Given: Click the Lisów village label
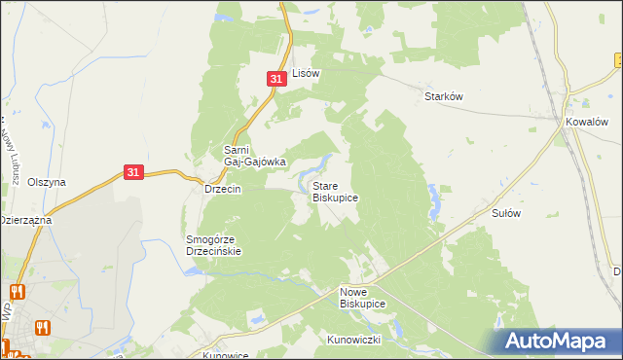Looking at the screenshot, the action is point(306,73).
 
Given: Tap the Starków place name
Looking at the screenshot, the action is point(442,96).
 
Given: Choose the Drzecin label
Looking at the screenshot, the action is point(222,189).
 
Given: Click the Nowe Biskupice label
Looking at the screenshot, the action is point(362,298).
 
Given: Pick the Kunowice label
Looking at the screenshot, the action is point(225,355).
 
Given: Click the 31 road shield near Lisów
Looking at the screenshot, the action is point(276,79).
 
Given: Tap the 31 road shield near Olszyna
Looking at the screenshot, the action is point(135,172).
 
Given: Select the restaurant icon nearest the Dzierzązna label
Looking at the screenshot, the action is point(17,291).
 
